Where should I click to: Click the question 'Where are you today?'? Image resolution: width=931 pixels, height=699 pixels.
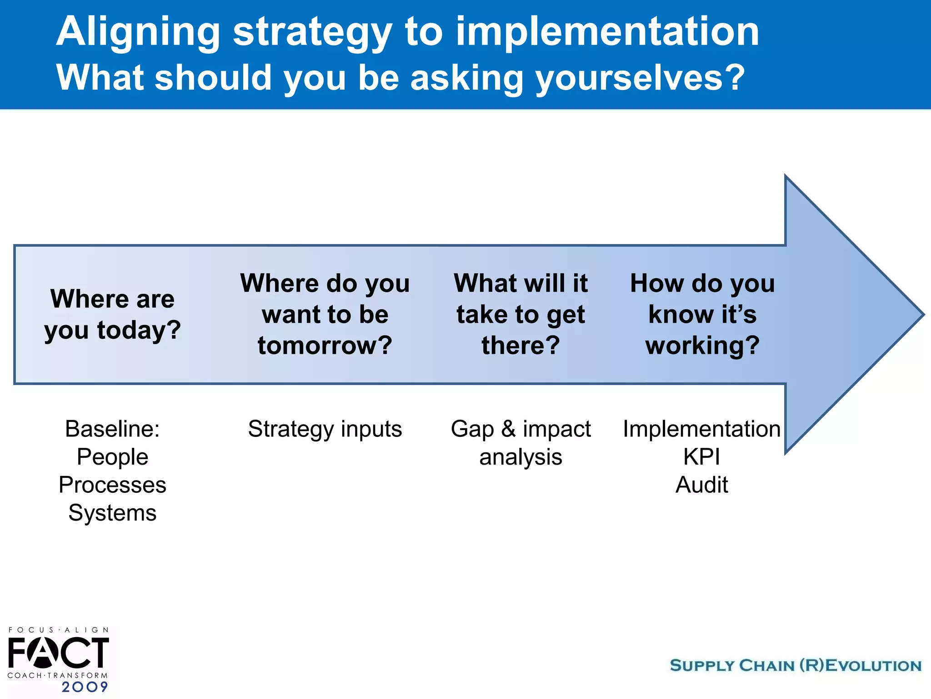[112, 314]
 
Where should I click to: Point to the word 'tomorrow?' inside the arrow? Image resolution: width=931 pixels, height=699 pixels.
[325, 345]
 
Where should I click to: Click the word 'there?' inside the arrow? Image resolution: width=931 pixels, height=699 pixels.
[521, 345]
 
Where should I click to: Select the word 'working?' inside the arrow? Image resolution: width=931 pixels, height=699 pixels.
[702, 345]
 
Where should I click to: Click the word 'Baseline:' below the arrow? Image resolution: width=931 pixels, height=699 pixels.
[112, 429]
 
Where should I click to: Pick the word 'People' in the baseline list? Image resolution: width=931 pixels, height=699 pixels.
[112, 457]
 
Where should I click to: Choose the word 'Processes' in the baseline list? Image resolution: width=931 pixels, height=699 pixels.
[112, 485]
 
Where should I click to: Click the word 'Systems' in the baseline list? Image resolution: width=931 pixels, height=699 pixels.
[112, 513]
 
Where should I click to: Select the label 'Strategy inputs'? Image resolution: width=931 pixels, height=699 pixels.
[325, 429]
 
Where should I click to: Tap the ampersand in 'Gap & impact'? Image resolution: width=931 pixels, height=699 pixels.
[508, 429]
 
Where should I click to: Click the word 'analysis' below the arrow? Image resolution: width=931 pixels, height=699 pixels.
[521, 457]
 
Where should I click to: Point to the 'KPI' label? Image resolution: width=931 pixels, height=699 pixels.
[701, 457]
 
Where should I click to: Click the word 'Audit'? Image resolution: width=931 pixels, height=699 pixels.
[701, 485]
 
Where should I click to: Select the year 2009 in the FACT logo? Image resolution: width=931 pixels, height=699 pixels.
[85, 687]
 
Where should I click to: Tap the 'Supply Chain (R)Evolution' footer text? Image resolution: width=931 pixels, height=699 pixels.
[796, 665]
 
